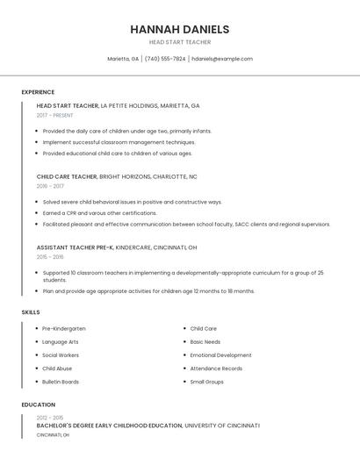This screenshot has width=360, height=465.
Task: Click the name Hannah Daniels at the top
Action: (x=179, y=29)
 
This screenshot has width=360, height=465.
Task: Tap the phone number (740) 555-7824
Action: (x=165, y=59)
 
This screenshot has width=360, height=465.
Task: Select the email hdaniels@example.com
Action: (x=221, y=59)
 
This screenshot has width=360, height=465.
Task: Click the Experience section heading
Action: (x=38, y=92)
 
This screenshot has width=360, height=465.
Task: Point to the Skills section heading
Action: (x=31, y=312)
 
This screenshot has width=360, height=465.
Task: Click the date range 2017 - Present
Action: (x=55, y=115)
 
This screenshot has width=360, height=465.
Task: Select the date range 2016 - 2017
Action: (x=50, y=186)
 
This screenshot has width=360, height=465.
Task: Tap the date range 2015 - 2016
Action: (x=50, y=257)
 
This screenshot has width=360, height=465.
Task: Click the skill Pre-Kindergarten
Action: (x=64, y=328)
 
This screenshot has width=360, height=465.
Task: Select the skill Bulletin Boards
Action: (x=61, y=382)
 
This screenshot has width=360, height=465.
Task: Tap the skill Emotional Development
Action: (x=220, y=355)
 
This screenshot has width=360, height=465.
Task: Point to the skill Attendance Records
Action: (x=216, y=368)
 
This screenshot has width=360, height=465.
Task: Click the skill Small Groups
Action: (x=207, y=382)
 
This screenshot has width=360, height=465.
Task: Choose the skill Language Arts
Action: (x=61, y=342)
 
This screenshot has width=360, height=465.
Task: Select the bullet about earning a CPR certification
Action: (x=99, y=212)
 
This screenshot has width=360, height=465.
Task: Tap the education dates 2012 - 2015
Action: (x=50, y=418)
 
